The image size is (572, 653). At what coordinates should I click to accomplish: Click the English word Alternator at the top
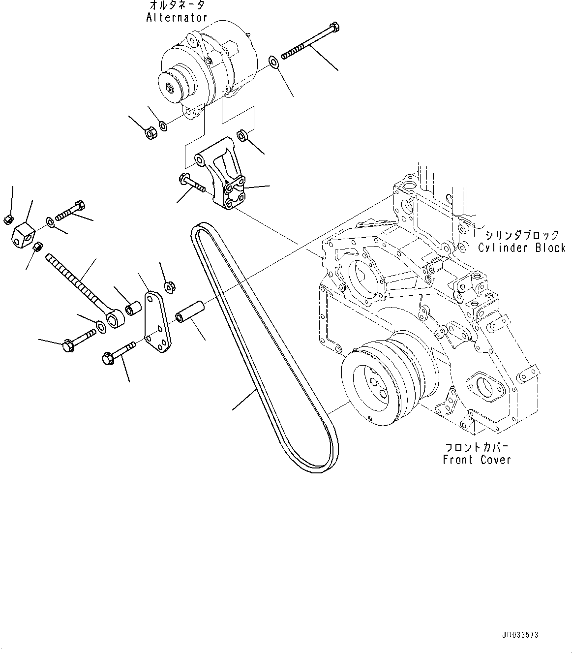pos(177,17)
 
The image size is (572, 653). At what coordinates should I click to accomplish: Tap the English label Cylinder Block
pos(522,248)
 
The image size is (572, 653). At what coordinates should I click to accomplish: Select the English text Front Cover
pos(477,460)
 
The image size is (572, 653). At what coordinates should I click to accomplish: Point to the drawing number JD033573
pos(520,635)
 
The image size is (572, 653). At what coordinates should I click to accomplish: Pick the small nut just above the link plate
pos(168,285)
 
